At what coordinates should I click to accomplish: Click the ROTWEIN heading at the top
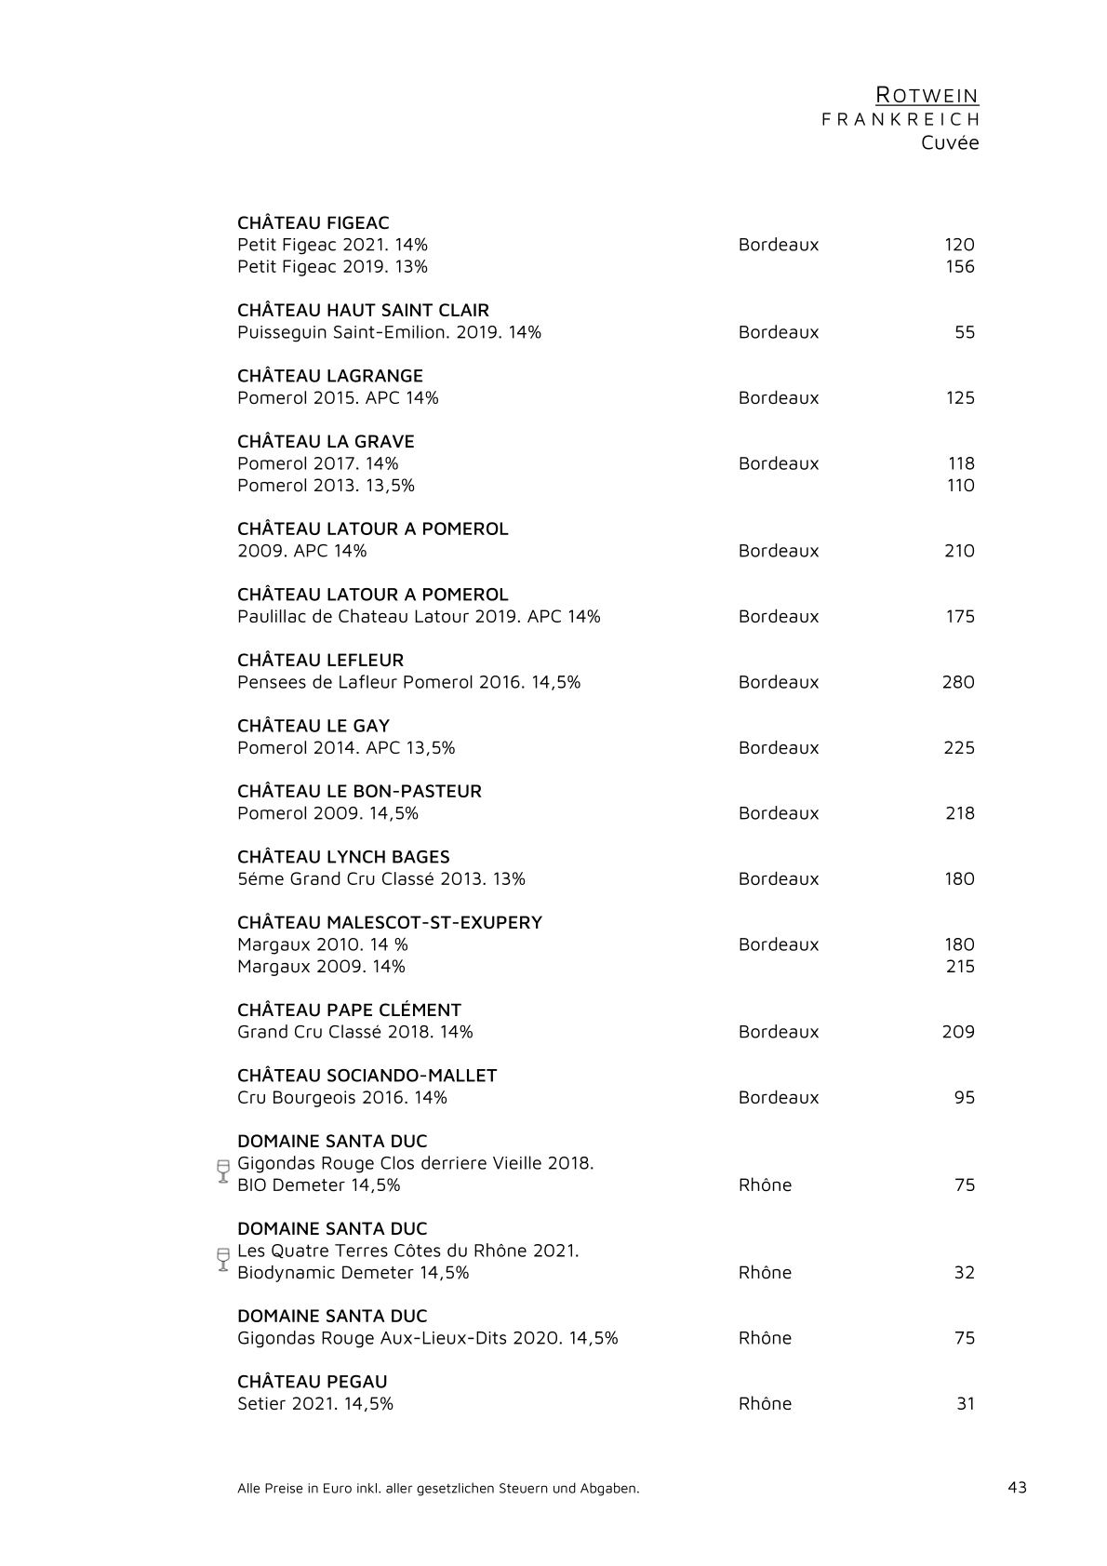point(927,95)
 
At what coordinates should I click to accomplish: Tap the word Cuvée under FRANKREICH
point(950,143)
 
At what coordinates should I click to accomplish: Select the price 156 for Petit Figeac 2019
point(959,267)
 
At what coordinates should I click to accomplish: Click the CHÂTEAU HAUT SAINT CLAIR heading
point(363,311)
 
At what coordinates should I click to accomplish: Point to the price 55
point(965,332)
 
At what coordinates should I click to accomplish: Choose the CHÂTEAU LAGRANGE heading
point(330,376)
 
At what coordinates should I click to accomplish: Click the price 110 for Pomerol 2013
point(960,485)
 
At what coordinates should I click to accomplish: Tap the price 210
point(959,551)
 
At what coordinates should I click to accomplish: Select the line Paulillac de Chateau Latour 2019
point(419,616)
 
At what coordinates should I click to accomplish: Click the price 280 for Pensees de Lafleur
point(958,682)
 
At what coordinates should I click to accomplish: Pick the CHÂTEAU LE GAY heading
point(313,726)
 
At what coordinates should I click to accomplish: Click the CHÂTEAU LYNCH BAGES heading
point(343,857)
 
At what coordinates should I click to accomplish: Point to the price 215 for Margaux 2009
point(960,967)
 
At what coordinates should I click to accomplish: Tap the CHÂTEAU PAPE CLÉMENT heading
point(349,1011)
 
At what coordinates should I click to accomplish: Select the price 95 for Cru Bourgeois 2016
point(964,1098)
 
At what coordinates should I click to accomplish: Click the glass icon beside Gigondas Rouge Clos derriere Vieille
point(222,1171)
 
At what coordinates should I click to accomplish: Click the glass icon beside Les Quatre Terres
point(222,1258)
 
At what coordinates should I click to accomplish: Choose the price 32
point(964,1273)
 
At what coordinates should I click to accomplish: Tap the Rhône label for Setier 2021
point(765,1404)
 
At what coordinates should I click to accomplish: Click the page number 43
point(1017,1487)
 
